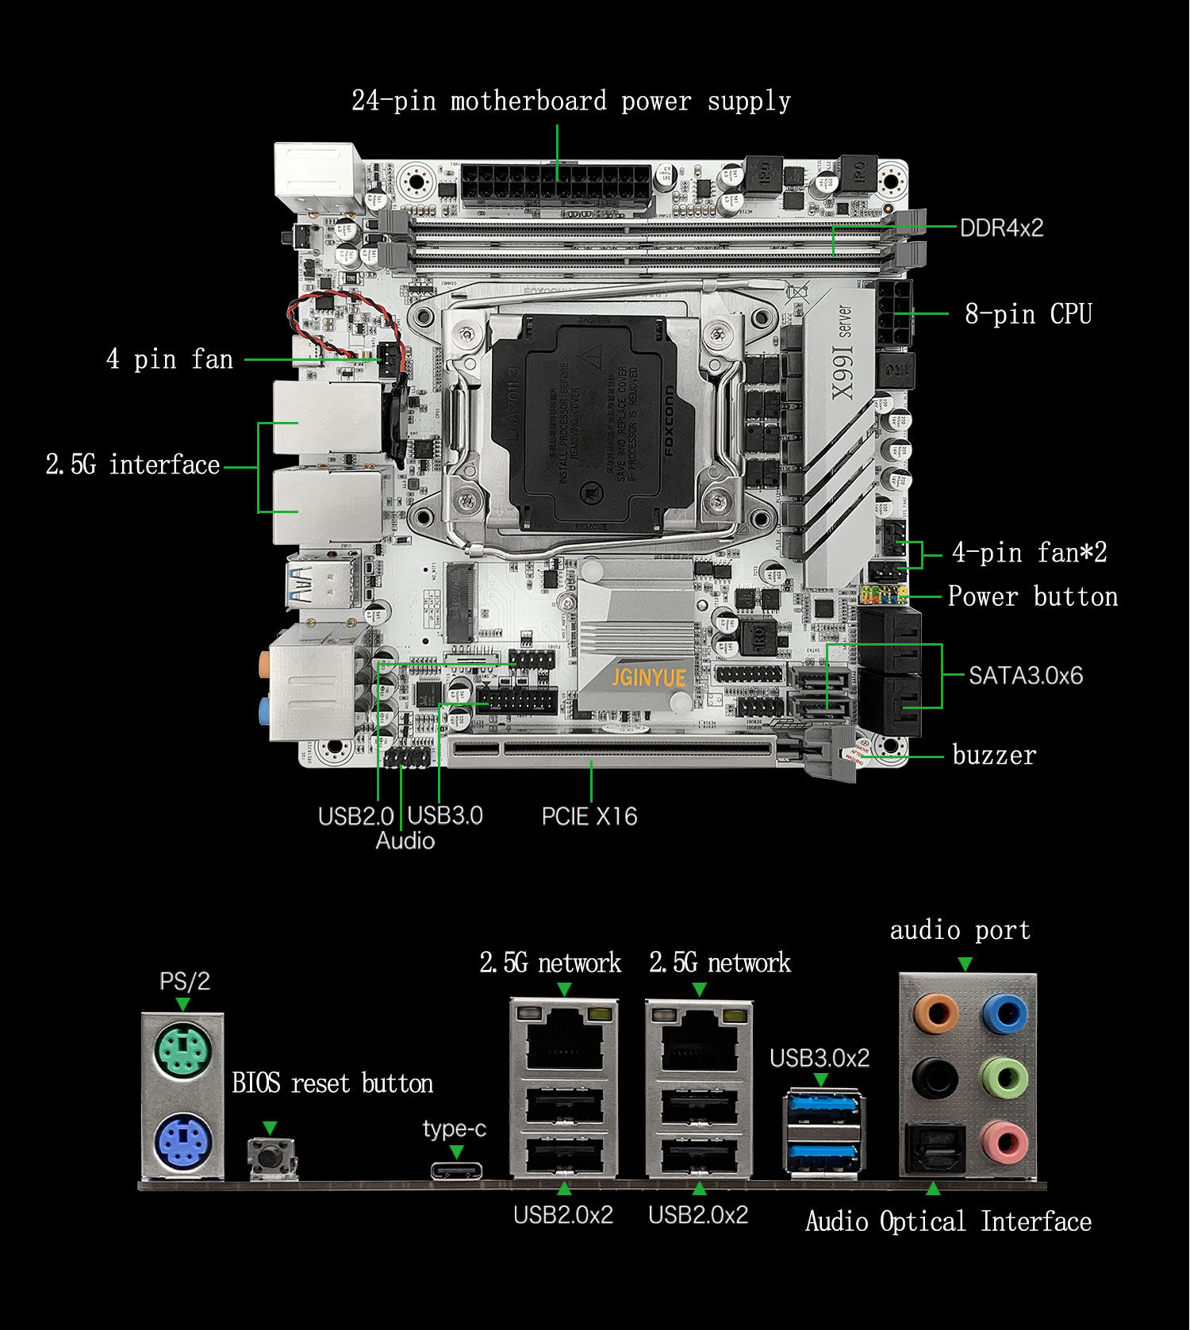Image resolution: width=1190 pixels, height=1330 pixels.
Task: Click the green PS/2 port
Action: [x=182, y=1053]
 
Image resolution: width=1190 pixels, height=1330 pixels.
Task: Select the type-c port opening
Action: [x=456, y=1171]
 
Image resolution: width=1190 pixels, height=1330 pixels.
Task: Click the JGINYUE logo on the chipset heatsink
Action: [x=649, y=677]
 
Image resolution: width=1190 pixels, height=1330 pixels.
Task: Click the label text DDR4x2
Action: [x=1001, y=228]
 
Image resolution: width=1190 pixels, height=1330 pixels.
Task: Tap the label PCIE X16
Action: [x=589, y=816]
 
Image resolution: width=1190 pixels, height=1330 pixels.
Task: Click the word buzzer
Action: [x=993, y=755]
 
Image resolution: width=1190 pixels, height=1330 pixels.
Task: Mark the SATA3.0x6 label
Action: [x=1025, y=676]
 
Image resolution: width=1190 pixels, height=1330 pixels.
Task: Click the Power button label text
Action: [x=1032, y=596]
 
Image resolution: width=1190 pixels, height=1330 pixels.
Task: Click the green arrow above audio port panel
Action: [x=965, y=964]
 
